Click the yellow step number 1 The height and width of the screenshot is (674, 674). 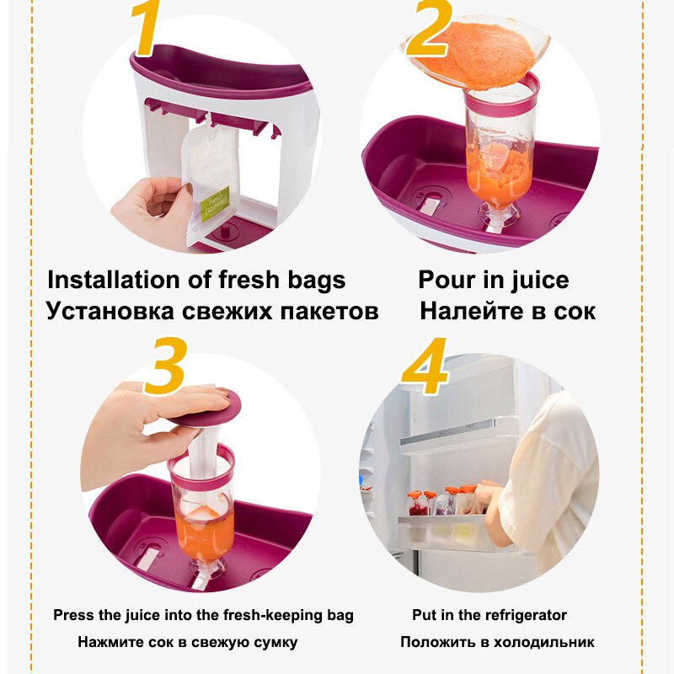pos(146,27)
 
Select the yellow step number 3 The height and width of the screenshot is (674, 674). pos(166,366)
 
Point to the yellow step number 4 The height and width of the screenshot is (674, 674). pos(425,366)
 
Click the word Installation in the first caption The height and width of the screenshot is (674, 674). pos(113,280)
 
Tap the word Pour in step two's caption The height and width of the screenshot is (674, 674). pos(447,280)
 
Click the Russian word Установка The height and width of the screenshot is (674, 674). pos(110,311)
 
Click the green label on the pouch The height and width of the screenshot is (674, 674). pos(215,204)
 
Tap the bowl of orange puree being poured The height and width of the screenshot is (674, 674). pos(475,51)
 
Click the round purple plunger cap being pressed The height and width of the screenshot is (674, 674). pos(206,408)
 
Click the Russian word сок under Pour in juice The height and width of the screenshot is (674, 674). pos(575,312)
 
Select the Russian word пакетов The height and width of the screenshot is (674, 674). pos(329,312)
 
